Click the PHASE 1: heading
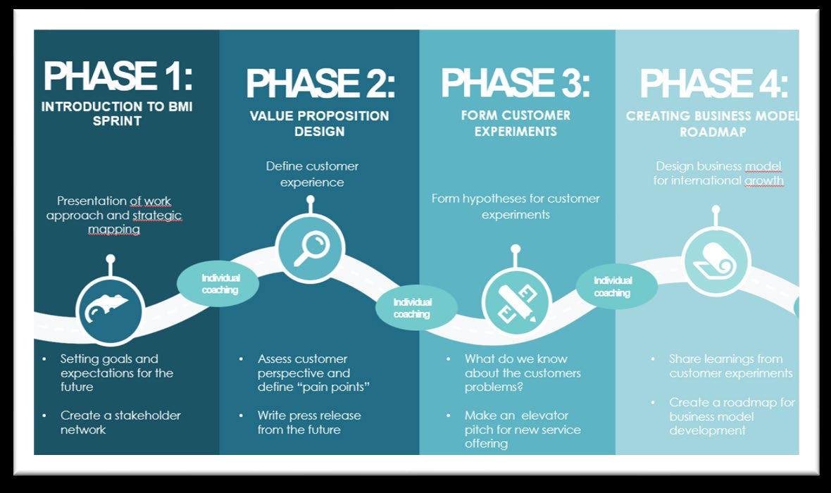117,76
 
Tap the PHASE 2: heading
320,85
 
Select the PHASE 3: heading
516,83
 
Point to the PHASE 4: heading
713,85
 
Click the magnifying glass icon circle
310,249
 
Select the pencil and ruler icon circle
516,301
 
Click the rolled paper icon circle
717,263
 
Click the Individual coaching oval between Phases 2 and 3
412,308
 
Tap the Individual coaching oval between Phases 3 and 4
612,286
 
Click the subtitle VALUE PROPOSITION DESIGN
319,123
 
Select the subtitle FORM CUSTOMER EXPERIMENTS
516,123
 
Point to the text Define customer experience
312,174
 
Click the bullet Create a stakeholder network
120,423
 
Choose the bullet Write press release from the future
308,423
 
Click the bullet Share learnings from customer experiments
730,366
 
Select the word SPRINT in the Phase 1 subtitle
117,121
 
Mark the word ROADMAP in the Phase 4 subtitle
713,132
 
